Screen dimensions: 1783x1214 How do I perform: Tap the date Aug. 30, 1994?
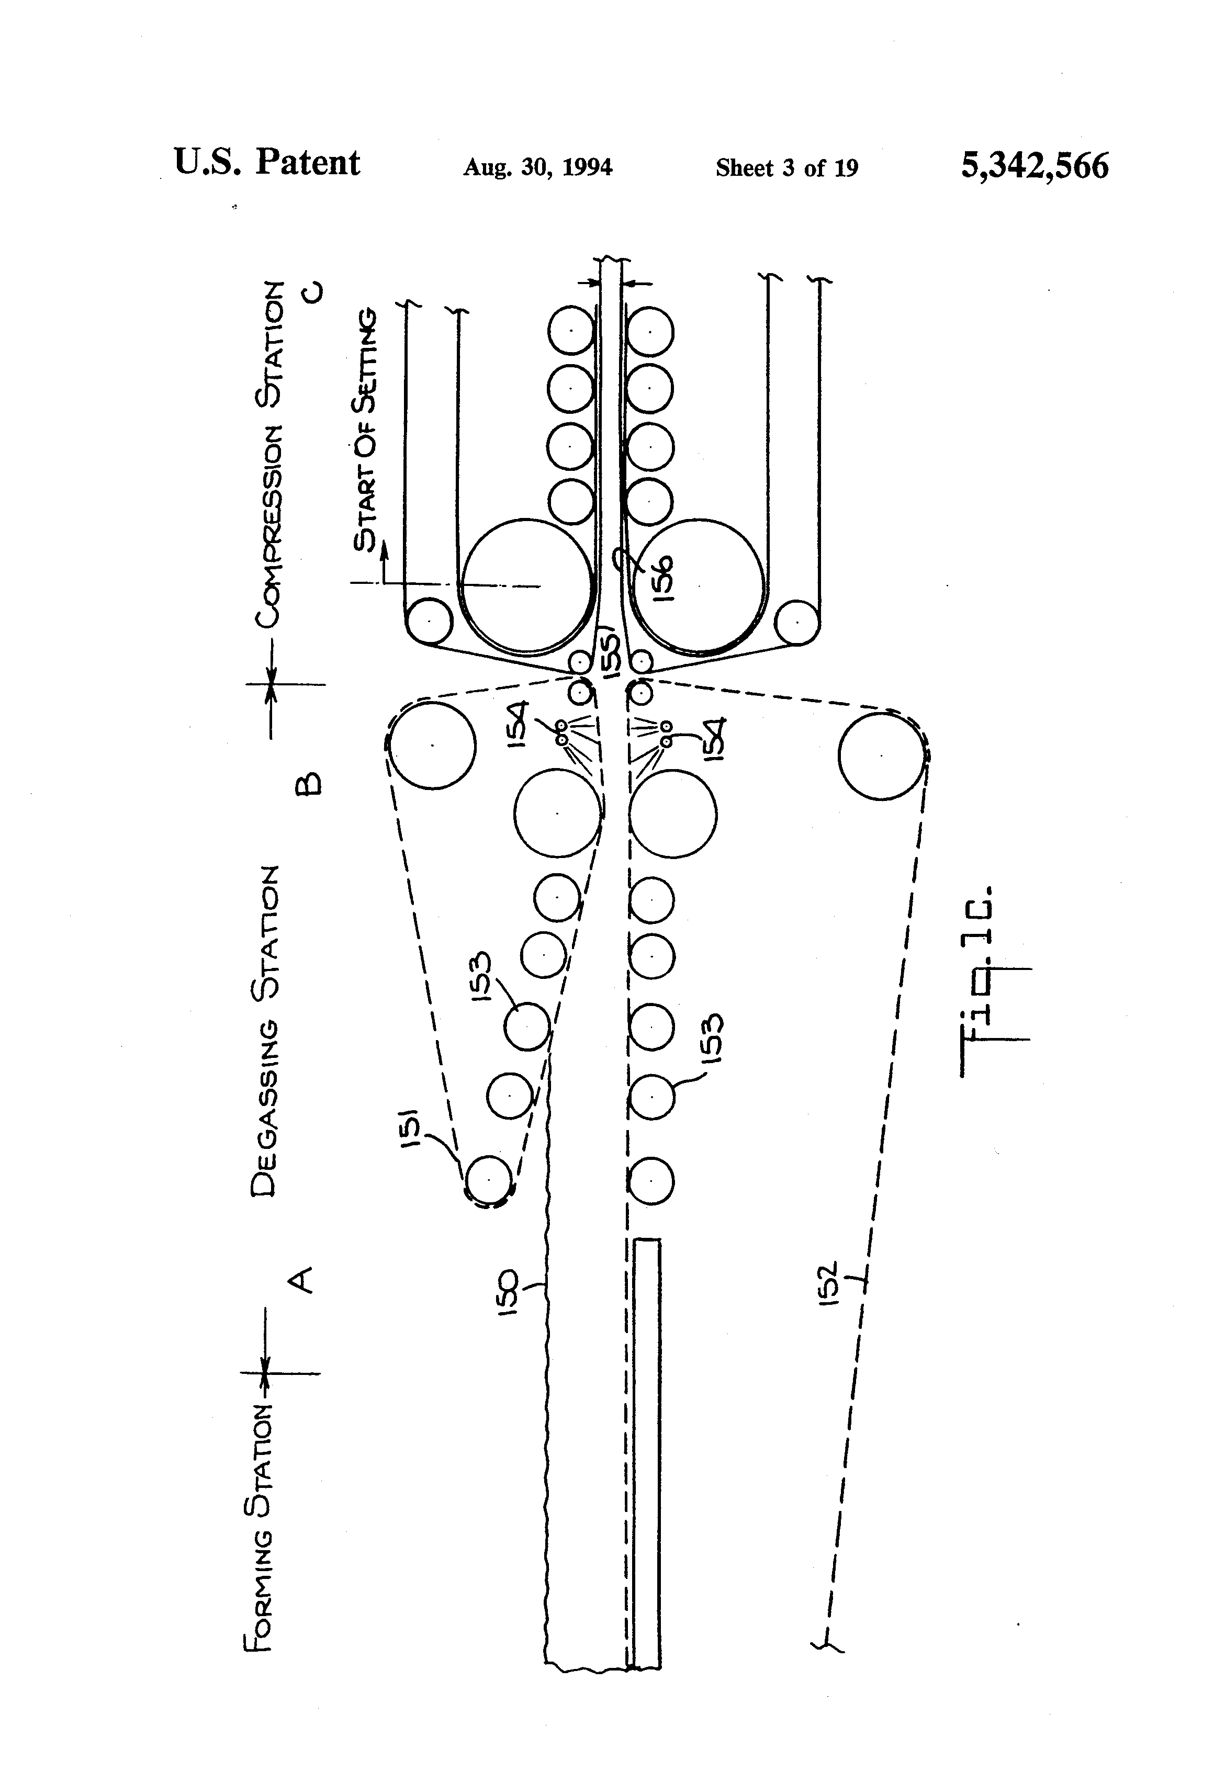click(x=537, y=167)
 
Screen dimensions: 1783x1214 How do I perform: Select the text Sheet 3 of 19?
click(x=786, y=168)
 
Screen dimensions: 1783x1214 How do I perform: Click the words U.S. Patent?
click(x=266, y=163)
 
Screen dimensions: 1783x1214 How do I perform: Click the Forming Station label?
click(x=258, y=1526)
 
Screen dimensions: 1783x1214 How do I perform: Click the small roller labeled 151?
click(x=489, y=1179)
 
